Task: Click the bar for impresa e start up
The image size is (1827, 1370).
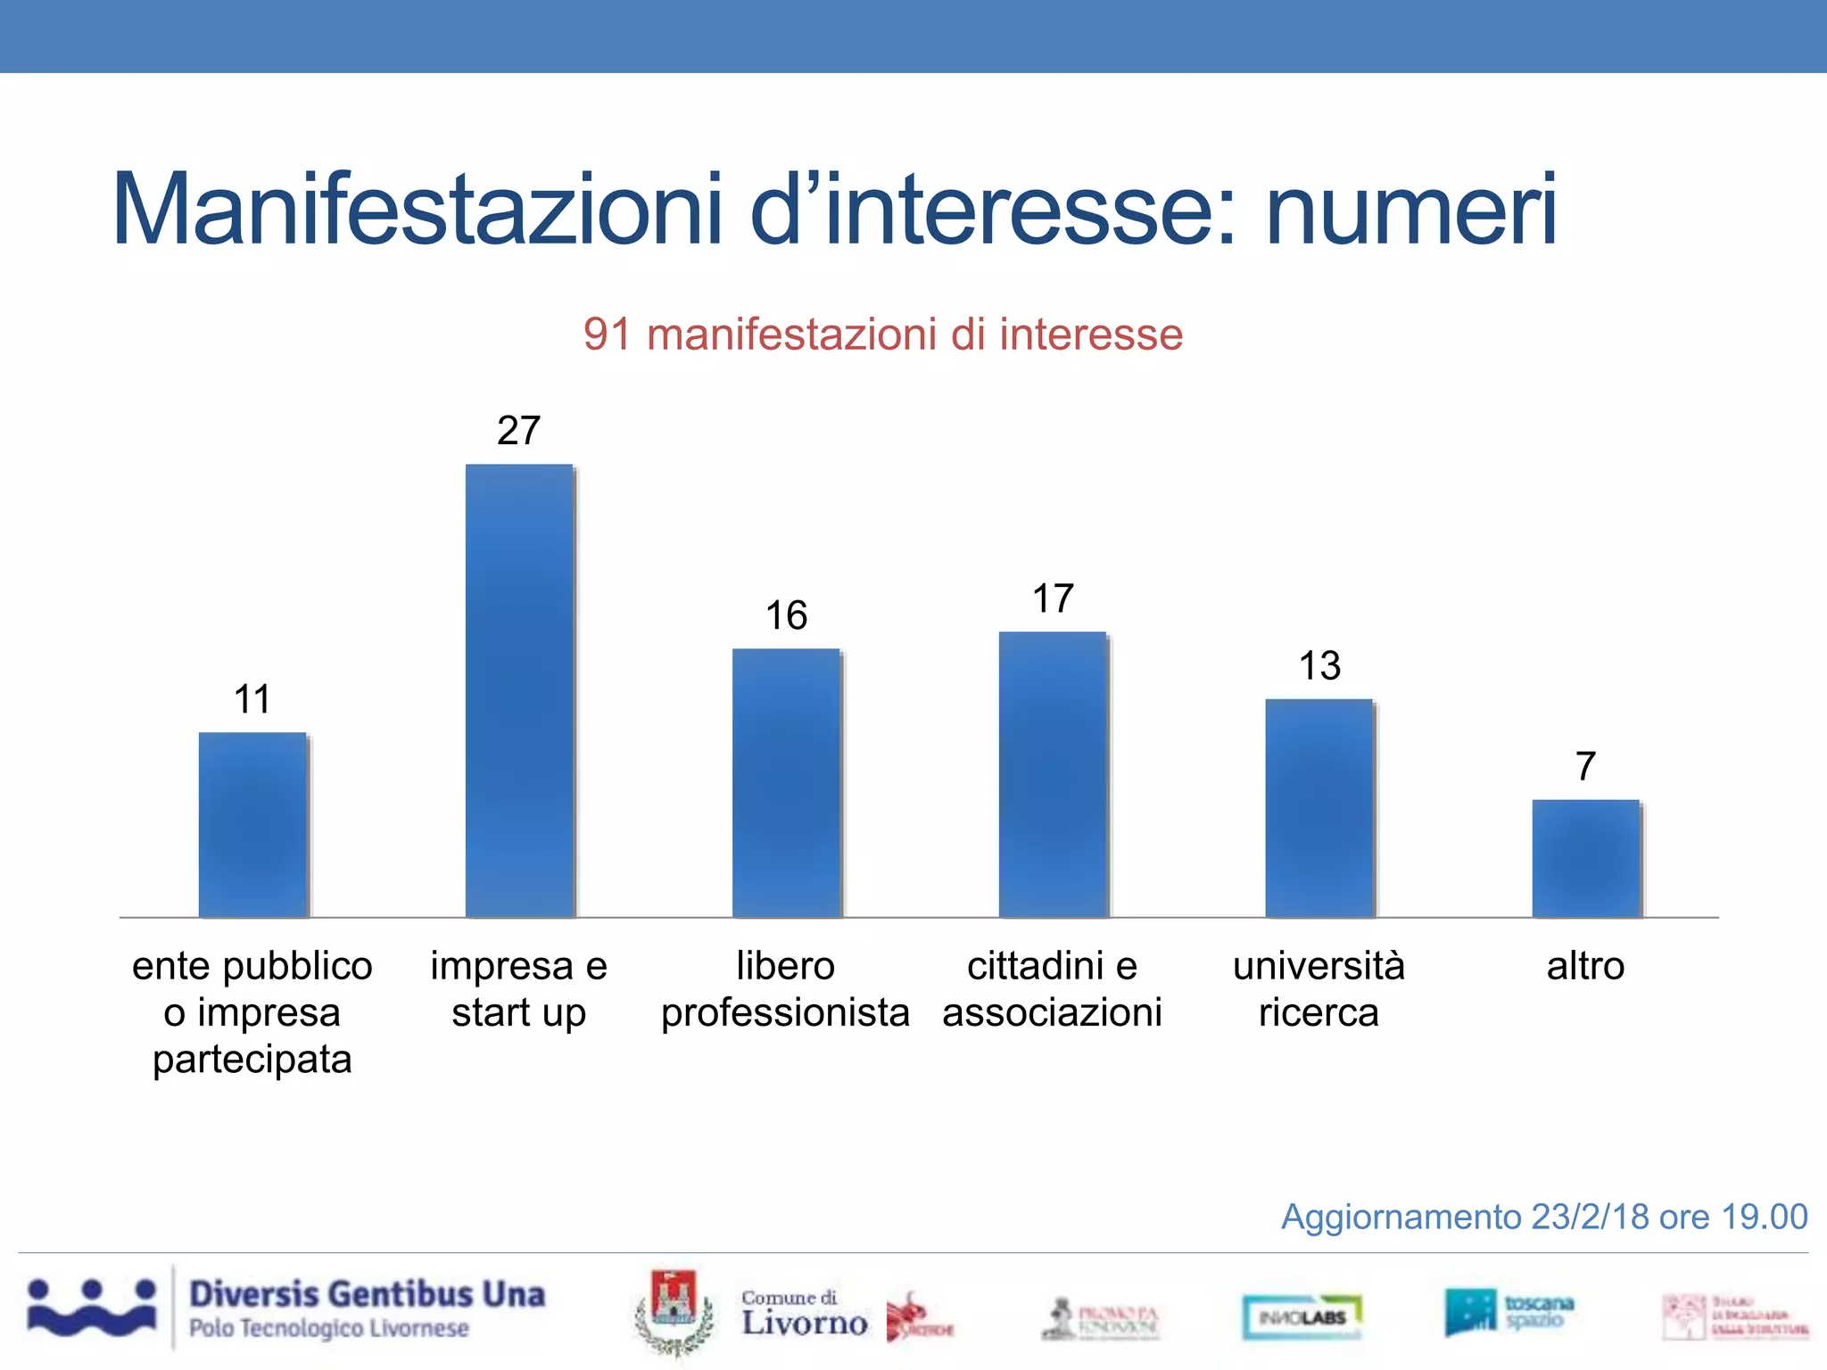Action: [x=519, y=690]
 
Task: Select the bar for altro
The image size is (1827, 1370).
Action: [x=1585, y=858]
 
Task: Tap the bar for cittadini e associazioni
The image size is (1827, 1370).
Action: [x=1053, y=774]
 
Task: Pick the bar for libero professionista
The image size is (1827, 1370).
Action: [x=786, y=782]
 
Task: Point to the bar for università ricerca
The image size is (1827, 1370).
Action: [x=1319, y=808]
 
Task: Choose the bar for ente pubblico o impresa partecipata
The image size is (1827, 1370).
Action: [x=252, y=824]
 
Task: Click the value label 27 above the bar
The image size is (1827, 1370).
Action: [x=519, y=431]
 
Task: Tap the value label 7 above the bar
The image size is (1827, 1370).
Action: [x=1585, y=766]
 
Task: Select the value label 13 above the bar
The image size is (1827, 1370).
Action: [x=1319, y=665]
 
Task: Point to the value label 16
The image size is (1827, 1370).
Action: [x=786, y=615]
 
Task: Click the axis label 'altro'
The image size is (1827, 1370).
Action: [x=1585, y=966]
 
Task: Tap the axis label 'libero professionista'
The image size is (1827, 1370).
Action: [x=785, y=989]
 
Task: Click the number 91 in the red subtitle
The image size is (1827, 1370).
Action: [x=607, y=335]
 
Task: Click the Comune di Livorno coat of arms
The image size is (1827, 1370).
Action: [x=674, y=1311]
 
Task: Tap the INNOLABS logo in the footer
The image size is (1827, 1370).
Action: [x=1302, y=1316]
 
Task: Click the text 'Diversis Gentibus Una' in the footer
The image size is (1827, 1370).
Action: [x=367, y=1294]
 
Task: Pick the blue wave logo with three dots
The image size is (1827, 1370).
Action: [x=92, y=1308]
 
